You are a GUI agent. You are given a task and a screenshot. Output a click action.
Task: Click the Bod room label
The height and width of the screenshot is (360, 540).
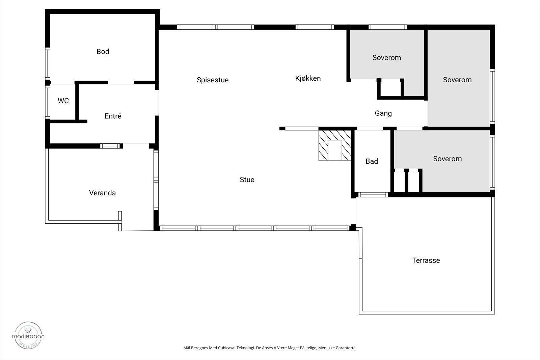tap(103, 52)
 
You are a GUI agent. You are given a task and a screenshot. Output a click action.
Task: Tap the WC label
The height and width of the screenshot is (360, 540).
tap(63, 101)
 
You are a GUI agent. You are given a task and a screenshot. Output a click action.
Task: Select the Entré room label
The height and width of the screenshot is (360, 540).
tap(113, 116)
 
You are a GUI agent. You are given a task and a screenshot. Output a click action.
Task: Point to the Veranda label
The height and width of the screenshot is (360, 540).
tap(102, 193)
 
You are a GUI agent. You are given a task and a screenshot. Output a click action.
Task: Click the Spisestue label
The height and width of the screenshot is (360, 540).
tap(213, 80)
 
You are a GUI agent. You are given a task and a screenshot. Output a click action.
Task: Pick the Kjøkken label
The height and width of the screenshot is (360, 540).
tap(308, 78)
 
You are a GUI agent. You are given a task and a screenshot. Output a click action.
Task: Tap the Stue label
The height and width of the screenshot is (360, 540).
tap(247, 180)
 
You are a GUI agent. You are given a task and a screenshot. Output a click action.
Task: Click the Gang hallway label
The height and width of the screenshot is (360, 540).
tap(383, 113)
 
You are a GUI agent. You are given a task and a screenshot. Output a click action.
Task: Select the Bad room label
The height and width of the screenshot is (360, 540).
tap(372, 161)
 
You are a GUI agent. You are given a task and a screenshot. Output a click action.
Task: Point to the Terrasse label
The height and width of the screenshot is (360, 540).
tap(426, 260)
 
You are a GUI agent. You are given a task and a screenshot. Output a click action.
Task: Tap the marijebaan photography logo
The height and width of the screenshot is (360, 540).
tap(28, 335)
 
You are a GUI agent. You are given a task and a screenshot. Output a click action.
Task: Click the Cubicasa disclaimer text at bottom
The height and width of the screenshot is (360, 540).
tap(270, 348)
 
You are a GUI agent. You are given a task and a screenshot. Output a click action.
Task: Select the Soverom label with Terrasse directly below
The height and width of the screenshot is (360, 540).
tap(447, 159)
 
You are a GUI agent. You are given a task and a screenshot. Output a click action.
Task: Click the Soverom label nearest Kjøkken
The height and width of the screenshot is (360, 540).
tap(386, 58)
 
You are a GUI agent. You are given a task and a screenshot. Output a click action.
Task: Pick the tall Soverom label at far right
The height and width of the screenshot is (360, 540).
tap(457, 80)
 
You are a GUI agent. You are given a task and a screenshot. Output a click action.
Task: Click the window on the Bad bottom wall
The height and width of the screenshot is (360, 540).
tap(373, 195)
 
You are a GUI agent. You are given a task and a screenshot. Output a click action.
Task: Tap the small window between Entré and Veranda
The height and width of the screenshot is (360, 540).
tap(110, 146)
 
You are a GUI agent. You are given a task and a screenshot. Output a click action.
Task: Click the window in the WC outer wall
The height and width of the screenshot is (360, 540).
tap(48, 101)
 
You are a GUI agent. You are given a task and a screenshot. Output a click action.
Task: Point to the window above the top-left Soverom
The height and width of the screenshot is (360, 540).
tap(387, 27)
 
